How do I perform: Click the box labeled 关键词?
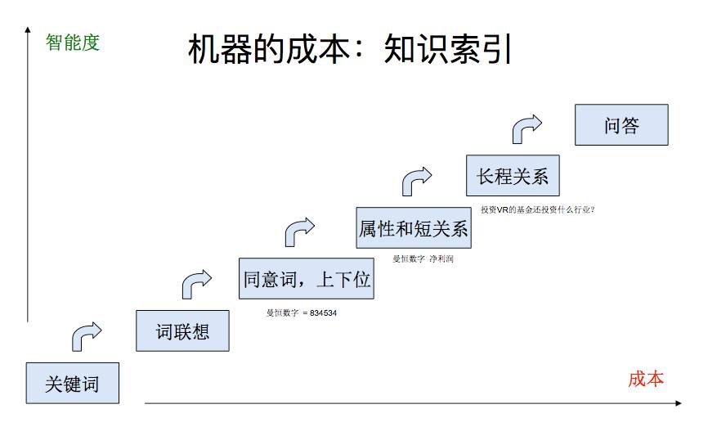(x=72, y=383)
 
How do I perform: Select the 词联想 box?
(x=182, y=330)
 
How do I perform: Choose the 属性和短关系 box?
(x=414, y=228)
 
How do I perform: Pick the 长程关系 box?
(x=513, y=175)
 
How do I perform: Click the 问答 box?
(x=621, y=125)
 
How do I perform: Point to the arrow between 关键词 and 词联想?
(x=86, y=334)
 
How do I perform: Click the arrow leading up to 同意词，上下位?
(x=195, y=282)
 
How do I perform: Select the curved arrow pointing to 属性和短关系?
(x=299, y=230)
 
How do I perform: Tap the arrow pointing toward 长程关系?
(x=416, y=178)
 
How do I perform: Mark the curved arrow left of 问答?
(x=527, y=127)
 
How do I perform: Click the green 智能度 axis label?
(x=73, y=43)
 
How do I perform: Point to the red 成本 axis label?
(x=646, y=379)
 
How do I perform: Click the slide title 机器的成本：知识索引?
(x=350, y=50)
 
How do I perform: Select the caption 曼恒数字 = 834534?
(x=302, y=312)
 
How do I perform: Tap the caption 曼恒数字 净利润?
(x=423, y=258)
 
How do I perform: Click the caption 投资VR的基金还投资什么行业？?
(x=537, y=209)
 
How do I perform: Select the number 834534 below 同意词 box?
(x=324, y=312)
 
